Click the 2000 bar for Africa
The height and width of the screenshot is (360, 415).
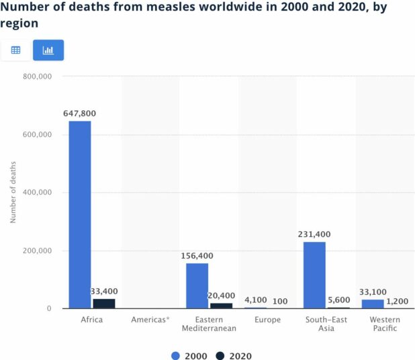[80, 215]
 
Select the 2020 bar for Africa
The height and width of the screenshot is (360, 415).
[103, 304]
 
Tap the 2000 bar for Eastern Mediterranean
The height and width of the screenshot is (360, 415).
[197, 286]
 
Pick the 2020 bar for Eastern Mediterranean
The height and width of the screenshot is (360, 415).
[221, 306]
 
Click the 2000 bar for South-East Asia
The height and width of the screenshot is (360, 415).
[314, 275]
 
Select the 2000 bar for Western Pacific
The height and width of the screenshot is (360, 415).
[373, 304]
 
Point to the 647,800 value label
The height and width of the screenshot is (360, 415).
[80, 114]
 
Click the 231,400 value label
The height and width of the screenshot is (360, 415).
[314, 234]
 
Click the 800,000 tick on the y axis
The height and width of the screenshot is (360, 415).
[38, 77]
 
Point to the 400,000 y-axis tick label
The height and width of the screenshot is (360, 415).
[38, 193]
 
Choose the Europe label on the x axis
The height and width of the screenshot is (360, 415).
[267, 320]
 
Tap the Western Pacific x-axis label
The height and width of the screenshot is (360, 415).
[384, 324]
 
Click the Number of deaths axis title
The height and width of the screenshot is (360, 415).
[13, 193]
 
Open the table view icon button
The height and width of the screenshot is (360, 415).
[16, 50]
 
